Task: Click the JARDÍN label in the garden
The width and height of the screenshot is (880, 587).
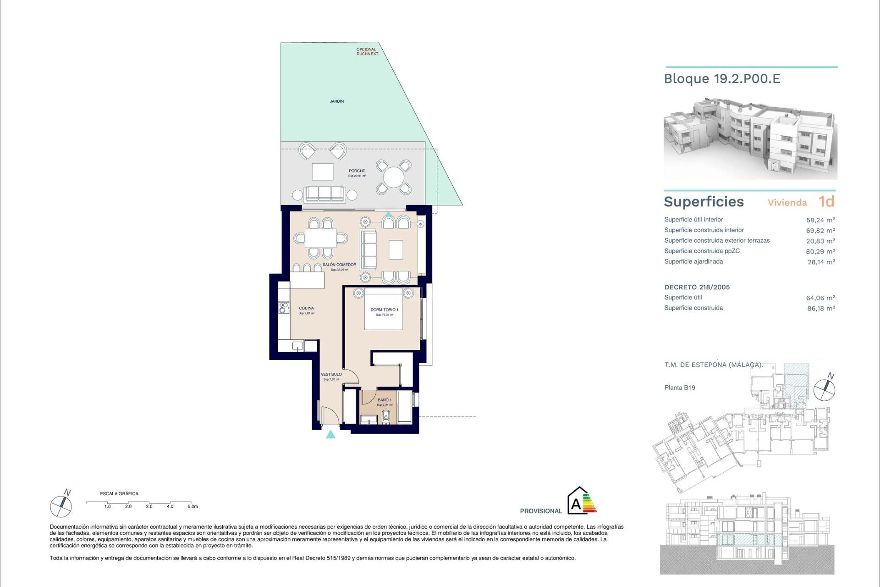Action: click(x=337, y=101)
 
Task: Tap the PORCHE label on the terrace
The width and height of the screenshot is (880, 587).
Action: click(x=357, y=171)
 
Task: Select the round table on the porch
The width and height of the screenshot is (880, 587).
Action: click(x=393, y=177)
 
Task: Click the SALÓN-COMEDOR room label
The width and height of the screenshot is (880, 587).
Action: click(x=339, y=265)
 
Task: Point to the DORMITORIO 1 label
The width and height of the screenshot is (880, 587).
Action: click(x=384, y=310)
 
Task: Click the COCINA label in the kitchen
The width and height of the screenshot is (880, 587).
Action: click(x=306, y=309)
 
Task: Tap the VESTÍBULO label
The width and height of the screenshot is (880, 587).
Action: click(x=331, y=375)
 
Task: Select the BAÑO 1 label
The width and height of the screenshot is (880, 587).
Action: click(x=384, y=400)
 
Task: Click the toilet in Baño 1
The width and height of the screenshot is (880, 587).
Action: click(x=386, y=417)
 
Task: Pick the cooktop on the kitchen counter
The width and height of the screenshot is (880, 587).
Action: click(x=284, y=308)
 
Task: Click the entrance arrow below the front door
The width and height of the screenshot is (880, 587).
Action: click(x=330, y=434)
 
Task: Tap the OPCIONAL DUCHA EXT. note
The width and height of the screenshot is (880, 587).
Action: click(x=367, y=52)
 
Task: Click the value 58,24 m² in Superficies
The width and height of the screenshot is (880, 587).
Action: click(x=820, y=220)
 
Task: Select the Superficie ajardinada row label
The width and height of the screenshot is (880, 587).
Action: click(x=693, y=262)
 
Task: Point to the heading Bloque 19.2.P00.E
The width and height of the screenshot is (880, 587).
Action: click(x=722, y=79)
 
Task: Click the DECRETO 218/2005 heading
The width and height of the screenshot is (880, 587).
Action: click(x=697, y=288)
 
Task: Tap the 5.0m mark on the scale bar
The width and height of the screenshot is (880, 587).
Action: click(x=192, y=507)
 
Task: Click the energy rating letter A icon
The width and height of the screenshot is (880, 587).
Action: click(x=576, y=504)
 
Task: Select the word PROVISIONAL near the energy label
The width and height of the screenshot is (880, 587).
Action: click(x=541, y=511)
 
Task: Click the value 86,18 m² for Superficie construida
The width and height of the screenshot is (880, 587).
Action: click(x=820, y=309)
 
